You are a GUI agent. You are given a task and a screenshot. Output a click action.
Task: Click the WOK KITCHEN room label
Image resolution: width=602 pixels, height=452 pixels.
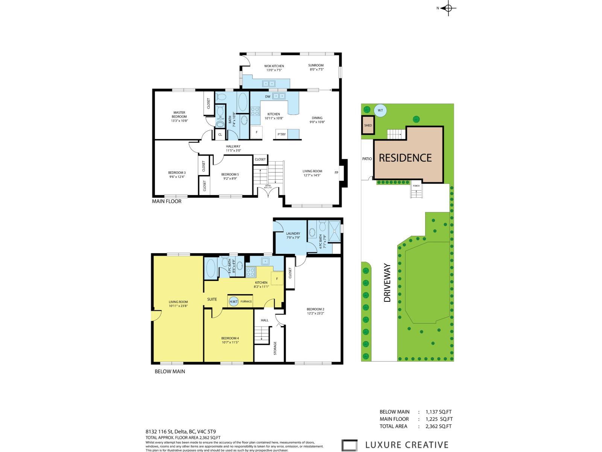click(274, 66)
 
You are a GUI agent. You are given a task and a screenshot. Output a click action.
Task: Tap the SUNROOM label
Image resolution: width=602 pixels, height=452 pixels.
click(316, 65)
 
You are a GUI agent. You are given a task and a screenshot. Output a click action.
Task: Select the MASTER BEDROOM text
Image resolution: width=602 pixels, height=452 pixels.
click(179, 115)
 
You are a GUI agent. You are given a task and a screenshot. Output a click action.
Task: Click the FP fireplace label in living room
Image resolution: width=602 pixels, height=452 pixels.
click(336, 173)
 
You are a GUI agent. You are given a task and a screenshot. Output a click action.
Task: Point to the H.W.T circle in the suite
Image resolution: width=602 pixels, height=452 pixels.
click(233, 301)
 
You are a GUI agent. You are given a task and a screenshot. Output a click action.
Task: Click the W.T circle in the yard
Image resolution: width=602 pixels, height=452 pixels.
click(380, 110)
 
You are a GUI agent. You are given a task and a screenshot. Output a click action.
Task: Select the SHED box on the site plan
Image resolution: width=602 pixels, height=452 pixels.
click(368, 125)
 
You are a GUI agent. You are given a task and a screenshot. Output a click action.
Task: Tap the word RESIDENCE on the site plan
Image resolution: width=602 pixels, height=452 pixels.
click(405, 158)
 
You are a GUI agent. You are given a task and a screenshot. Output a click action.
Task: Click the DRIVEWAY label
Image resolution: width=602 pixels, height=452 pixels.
click(388, 283)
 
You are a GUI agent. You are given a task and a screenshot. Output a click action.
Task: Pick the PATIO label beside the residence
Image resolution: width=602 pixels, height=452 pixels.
click(367, 159)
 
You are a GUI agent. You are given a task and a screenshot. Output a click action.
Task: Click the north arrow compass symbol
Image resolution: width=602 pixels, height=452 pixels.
click(448, 8)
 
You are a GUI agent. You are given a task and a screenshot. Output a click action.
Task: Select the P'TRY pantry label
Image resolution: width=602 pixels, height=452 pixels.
click(281, 134)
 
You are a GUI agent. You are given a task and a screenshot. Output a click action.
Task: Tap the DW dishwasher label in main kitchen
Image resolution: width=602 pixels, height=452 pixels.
click(268, 97)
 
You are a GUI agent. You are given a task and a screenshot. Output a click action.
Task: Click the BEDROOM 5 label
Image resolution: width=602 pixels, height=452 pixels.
click(230, 174)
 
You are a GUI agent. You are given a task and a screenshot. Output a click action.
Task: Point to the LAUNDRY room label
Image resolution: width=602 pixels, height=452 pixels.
click(293, 234)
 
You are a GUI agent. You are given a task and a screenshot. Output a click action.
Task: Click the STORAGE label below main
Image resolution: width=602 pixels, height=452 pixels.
click(275, 348)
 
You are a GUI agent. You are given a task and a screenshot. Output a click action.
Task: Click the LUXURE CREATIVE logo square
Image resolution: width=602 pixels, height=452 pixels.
click(350, 445)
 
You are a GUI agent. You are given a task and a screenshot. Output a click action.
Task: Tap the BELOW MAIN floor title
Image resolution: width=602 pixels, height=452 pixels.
click(170, 371)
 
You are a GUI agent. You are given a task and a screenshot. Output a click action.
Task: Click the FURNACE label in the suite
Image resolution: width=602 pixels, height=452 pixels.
click(246, 302)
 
